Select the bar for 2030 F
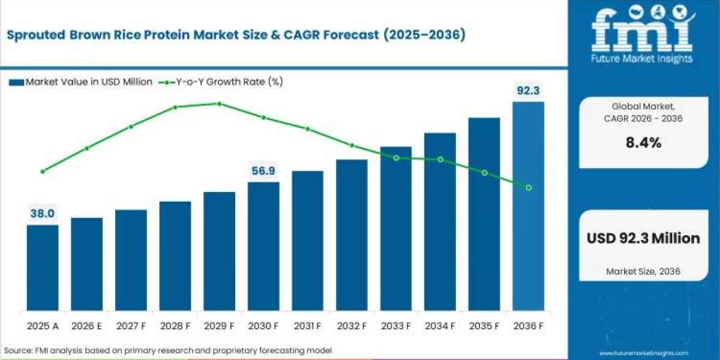pyautogui.click(x=263, y=246)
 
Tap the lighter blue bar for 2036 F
pyautogui.click(x=528, y=206)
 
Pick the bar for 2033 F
pyautogui.click(x=396, y=229)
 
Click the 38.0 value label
pyautogui.click(x=43, y=214)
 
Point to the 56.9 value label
pyautogui.click(x=263, y=171)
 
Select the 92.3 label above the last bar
pyautogui.click(x=528, y=91)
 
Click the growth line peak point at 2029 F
pyautogui.click(x=219, y=103)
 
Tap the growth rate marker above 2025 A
pyautogui.click(x=43, y=171)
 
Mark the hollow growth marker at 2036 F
pyautogui.click(x=529, y=188)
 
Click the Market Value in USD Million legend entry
pyautogui.click(x=81, y=82)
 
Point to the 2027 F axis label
pyautogui.click(x=131, y=326)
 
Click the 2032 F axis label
pyautogui.click(x=352, y=326)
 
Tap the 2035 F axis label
pyautogui.click(x=484, y=326)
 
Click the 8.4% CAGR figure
pyautogui.click(x=643, y=143)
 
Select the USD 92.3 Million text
pyautogui.click(x=643, y=238)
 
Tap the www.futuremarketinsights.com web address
pyautogui.click(x=643, y=353)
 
